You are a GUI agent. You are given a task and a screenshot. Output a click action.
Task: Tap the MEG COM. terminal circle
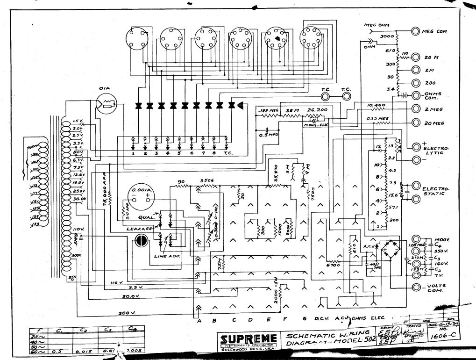click(415, 31)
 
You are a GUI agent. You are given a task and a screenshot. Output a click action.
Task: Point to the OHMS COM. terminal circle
click(415, 95)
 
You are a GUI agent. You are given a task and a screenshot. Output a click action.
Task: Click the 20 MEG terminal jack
click(415, 123)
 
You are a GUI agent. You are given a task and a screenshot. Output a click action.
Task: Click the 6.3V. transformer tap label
click(78, 160)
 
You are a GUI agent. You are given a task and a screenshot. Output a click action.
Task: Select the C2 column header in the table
click(84, 331)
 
